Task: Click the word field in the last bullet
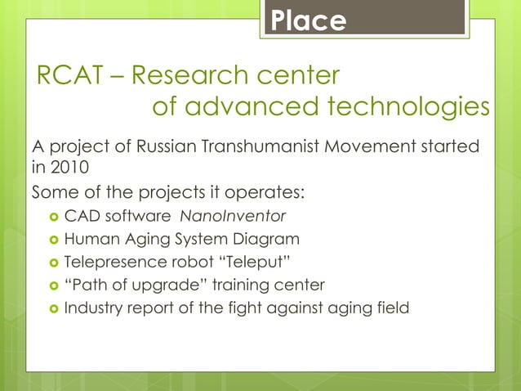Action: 391,308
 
